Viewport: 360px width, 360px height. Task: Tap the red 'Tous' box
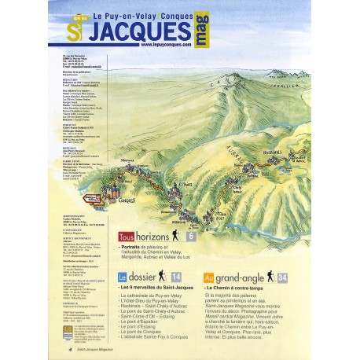pos(126,236)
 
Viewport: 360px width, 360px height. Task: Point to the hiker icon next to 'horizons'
pos(178,235)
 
